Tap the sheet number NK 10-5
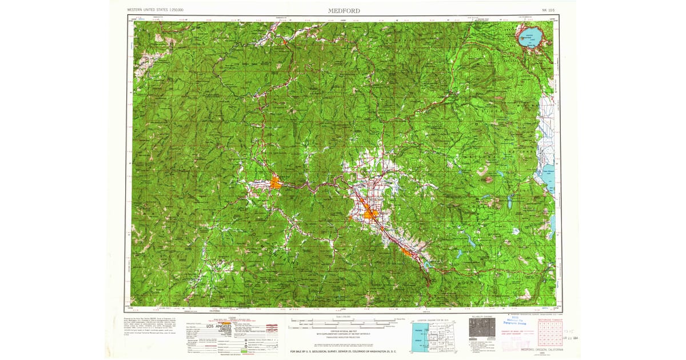(548, 10)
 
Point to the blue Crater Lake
(531, 40)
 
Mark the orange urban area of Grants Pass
(276, 183)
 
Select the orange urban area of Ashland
(406, 251)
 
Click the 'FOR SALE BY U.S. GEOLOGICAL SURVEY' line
(343, 351)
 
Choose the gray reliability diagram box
(479, 329)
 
